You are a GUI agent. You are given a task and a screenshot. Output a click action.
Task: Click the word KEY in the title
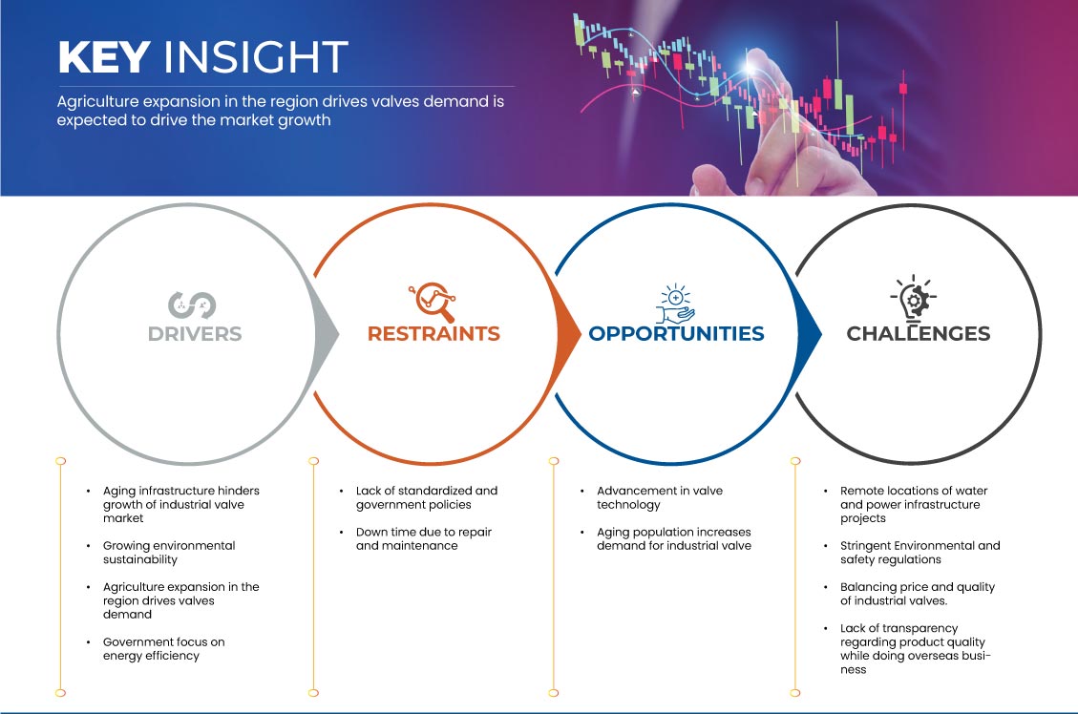tap(104, 57)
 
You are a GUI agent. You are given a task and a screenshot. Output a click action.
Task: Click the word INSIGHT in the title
tap(256, 57)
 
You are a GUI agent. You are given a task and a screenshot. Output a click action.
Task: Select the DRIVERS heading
tap(195, 334)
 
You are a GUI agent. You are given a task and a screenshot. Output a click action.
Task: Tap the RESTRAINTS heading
tap(433, 334)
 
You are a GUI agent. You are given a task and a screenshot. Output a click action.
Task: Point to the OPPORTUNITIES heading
tap(677, 334)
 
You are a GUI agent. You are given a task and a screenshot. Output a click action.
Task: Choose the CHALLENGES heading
tap(919, 334)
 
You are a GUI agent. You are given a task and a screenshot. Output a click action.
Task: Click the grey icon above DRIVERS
tap(192, 305)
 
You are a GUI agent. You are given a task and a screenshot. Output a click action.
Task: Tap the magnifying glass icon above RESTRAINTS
tap(433, 302)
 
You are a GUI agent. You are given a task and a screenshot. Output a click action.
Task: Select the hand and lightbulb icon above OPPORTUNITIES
tap(675, 303)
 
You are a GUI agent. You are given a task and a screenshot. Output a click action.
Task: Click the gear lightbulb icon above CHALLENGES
tap(914, 298)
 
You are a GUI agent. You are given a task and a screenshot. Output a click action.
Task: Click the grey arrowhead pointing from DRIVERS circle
tap(326, 335)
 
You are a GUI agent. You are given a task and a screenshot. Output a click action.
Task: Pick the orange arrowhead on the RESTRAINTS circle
tap(568, 335)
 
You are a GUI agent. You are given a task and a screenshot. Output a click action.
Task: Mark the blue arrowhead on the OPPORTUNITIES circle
tap(809, 335)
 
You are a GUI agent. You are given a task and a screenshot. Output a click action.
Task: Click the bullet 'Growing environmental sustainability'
tap(169, 553)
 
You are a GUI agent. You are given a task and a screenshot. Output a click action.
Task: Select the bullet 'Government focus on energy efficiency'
tap(163, 649)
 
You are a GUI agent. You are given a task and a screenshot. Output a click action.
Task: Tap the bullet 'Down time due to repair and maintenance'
tap(424, 538)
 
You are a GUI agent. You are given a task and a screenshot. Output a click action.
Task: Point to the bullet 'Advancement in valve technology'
tap(660, 497)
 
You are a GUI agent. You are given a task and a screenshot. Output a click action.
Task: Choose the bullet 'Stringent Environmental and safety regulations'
tap(919, 553)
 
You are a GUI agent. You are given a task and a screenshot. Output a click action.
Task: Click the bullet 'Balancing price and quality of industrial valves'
tap(918, 594)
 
